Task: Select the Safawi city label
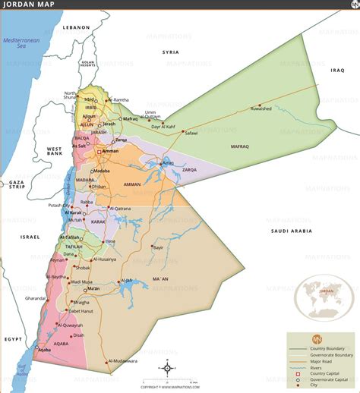click(x=191, y=133)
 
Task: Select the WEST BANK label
click(x=55, y=152)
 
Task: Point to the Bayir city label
click(x=158, y=247)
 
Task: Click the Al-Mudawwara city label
click(x=124, y=361)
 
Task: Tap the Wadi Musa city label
click(x=81, y=282)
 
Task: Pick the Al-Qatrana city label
click(x=120, y=209)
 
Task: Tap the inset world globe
click(x=324, y=297)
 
